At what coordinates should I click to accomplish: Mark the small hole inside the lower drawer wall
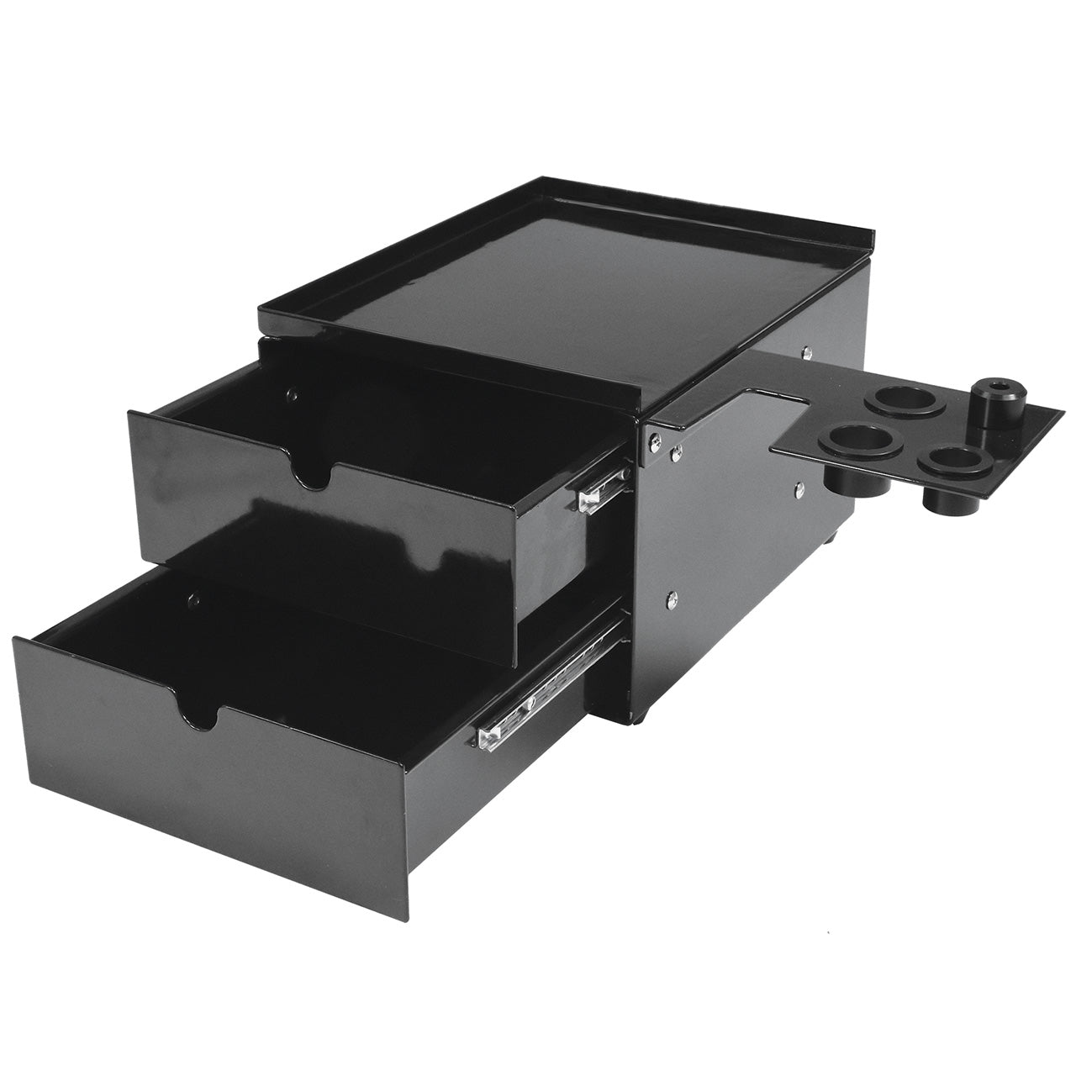click(193, 600)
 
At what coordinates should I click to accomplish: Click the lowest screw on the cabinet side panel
click(670, 598)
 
